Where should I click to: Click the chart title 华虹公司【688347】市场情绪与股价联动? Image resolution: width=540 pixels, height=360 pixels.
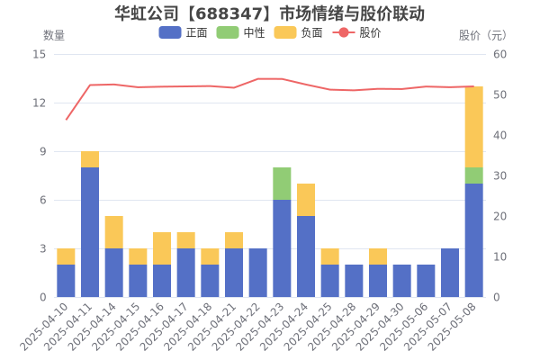[270, 13]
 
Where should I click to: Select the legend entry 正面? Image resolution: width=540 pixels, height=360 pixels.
[184, 33]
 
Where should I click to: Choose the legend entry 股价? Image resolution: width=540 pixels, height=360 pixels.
[358, 33]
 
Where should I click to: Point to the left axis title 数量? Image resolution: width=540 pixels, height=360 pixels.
[54, 35]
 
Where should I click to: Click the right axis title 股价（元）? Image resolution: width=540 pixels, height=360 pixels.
[482, 35]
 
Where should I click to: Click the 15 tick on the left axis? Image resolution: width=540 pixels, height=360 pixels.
[39, 54]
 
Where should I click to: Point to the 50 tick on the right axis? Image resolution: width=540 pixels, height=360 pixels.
[500, 94]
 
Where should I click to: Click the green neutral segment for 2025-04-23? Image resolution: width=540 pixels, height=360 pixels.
[282, 184]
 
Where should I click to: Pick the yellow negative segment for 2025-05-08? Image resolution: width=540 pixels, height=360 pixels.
[474, 127]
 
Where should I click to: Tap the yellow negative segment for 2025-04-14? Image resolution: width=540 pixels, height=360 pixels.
[113, 232]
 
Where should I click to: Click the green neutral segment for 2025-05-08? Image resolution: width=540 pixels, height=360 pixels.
[474, 175]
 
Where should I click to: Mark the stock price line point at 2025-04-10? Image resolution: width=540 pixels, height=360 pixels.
[66, 120]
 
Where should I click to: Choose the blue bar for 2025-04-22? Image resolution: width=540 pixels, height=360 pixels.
[257, 273]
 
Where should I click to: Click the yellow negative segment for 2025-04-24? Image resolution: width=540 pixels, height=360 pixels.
[306, 200]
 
